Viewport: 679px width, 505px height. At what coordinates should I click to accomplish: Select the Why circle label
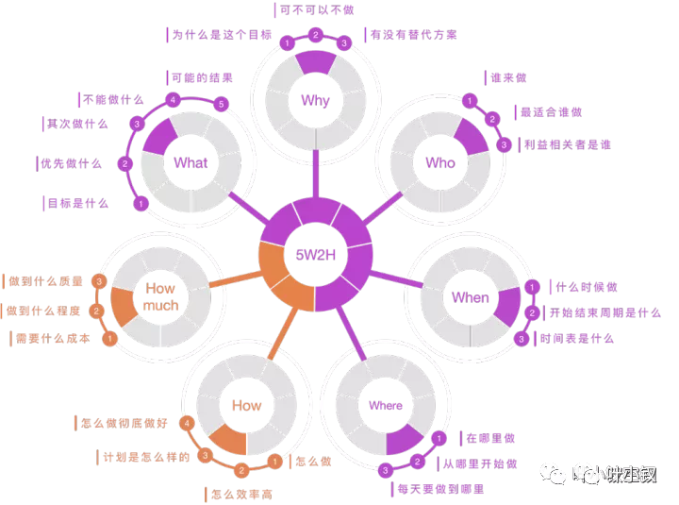point(315,101)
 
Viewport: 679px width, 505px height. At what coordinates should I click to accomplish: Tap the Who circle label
point(439,162)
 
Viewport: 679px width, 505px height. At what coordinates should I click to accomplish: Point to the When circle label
point(470,297)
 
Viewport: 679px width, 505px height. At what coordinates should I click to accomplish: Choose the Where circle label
point(385,406)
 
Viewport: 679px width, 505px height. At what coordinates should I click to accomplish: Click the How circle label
point(246,405)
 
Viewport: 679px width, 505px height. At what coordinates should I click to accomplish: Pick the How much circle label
point(159,296)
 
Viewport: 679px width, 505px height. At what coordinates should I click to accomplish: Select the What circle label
point(190,162)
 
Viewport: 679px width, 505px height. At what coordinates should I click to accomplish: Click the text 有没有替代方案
point(414,35)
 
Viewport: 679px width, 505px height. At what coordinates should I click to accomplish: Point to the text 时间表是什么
point(576,338)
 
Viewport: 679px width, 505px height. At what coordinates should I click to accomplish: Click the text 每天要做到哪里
point(439,489)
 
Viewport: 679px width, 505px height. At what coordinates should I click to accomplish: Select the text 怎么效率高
point(242,494)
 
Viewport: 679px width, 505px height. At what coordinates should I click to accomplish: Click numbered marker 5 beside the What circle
point(222,103)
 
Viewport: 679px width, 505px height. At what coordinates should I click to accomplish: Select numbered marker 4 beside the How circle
point(188,423)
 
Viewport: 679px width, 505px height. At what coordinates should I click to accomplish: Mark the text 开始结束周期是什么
point(605,312)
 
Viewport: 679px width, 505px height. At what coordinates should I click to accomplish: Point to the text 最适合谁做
point(551,111)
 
